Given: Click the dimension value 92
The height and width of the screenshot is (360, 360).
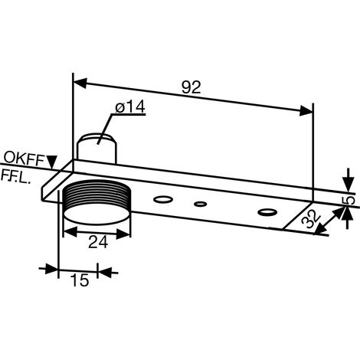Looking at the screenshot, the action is point(191,87).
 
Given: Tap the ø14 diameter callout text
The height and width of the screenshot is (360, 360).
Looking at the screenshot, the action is point(130,106).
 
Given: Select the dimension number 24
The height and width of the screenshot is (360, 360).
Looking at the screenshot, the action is point(98,242).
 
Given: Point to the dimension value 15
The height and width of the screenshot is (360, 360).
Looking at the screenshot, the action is point(80,280).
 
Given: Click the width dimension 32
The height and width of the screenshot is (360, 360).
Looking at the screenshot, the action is point(311,218).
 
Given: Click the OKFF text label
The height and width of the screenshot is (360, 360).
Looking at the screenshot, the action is point(25,159).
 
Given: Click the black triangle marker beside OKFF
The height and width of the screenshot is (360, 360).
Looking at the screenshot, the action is point(52,162).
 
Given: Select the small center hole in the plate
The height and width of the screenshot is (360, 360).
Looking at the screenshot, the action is point(201,204).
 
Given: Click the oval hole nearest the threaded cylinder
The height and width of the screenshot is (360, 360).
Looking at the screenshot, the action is point(163,199).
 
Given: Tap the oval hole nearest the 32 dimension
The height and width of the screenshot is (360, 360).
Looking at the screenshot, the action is point(267,212).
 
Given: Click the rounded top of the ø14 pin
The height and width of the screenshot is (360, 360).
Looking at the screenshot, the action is point(97,139).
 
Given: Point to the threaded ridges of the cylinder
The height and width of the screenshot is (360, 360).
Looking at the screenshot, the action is point(97,191).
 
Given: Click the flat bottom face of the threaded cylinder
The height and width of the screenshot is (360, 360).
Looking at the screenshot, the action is point(97,214).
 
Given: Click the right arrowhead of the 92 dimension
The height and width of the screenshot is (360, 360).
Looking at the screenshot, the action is point(306,110).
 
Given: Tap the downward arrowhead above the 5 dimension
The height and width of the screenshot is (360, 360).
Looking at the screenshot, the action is point(349,184).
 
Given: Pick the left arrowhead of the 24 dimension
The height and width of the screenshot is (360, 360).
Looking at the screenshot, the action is point(70,231).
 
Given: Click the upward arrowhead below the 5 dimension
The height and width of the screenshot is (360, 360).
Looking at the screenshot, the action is point(347,214).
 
